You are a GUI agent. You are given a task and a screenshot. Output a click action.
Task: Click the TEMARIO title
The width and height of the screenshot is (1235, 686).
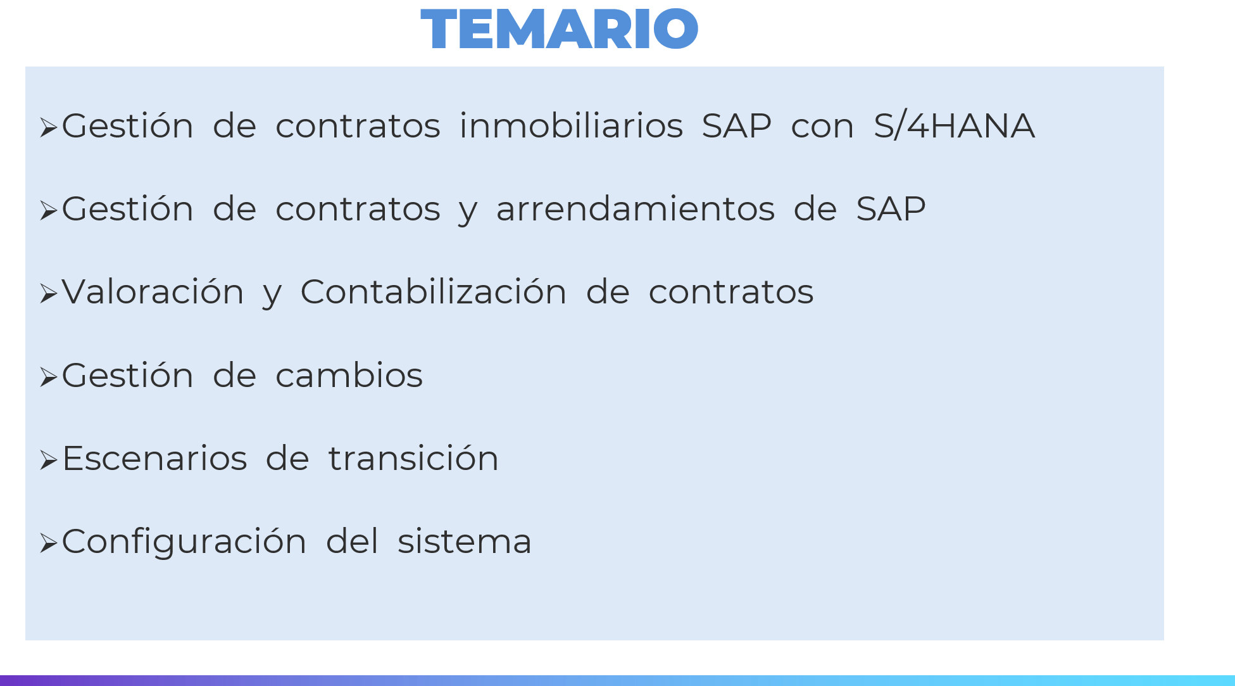tap(560, 29)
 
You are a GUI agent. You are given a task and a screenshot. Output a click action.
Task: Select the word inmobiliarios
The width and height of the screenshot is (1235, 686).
tap(571, 125)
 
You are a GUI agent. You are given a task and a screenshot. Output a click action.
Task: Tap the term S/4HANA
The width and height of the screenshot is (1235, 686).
tap(955, 125)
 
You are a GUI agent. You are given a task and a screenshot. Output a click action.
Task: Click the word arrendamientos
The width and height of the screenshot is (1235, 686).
tap(636, 208)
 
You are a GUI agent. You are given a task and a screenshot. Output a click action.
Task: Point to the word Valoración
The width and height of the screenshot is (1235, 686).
tap(153, 291)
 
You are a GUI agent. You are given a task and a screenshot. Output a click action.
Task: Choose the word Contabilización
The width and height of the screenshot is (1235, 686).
tap(434, 291)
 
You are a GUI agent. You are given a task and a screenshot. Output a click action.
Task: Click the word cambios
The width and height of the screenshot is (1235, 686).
tap(349, 375)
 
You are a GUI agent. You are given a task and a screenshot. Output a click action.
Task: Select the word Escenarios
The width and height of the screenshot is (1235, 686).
tap(154, 458)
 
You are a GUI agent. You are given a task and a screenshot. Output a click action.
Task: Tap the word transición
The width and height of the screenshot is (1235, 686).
tap(413, 458)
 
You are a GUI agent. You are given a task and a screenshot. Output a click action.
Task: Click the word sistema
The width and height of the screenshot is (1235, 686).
tap(465, 542)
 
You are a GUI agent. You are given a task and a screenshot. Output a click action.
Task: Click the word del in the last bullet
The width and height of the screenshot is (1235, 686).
tap(352, 541)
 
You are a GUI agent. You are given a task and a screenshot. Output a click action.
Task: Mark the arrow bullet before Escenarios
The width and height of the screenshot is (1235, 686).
tap(49, 461)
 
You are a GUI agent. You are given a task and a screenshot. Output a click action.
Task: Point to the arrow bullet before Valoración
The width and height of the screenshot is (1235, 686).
tap(49, 294)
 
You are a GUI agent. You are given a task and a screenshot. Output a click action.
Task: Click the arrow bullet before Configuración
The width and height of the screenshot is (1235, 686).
tap(49, 543)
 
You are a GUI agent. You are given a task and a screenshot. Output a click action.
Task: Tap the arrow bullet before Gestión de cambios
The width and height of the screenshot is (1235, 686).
tap(49, 378)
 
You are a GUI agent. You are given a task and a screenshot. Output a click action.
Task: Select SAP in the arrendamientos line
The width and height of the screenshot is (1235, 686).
tap(891, 208)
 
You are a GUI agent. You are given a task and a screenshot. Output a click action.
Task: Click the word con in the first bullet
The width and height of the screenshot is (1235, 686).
tap(823, 126)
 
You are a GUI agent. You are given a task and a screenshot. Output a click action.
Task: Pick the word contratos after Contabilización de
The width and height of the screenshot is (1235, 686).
tap(731, 291)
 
